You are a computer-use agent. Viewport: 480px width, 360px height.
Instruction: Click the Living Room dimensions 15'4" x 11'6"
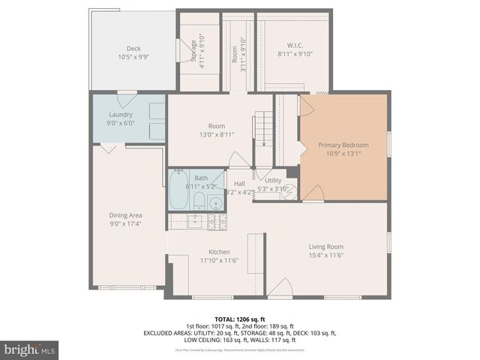325,255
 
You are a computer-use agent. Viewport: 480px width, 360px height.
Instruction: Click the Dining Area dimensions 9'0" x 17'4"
124,223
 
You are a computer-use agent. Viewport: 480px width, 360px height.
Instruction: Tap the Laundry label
120,115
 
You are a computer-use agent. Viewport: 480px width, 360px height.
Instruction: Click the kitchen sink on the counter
193,220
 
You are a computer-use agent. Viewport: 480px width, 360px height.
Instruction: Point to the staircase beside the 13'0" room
262,129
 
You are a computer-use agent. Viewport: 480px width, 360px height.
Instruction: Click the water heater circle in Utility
289,192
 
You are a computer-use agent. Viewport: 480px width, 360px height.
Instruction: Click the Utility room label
272,181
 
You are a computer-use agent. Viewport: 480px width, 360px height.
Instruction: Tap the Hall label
239,184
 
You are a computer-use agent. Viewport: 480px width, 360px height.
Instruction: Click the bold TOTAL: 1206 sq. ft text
239,318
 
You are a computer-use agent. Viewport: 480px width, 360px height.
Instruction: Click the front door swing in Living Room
279,287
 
